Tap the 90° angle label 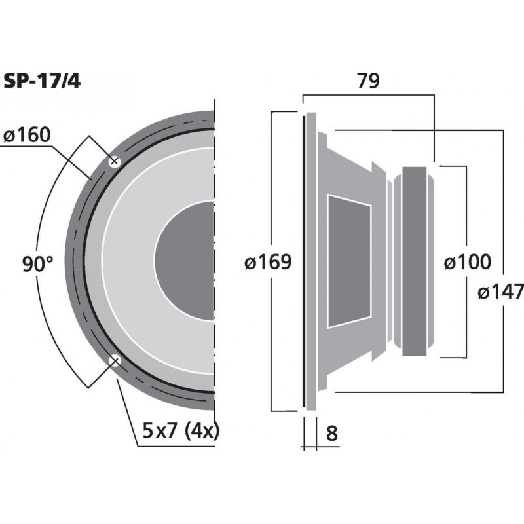click(x=37, y=264)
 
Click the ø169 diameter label click(x=267, y=263)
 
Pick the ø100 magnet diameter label click(x=466, y=263)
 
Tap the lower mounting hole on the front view click(x=115, y=360)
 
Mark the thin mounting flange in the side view click(x=304, y=262)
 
